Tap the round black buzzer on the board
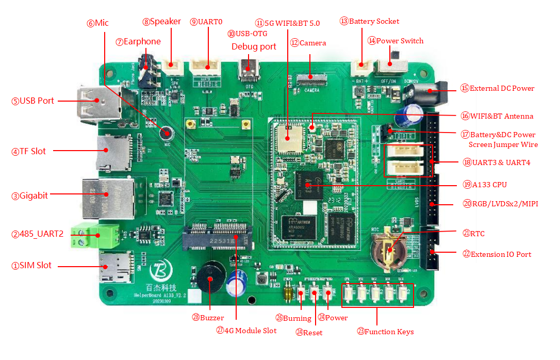(x=210, y=279)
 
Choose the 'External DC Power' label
(x=502, y=88)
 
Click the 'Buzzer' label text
(x=212, y=318)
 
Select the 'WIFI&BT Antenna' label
(x=501, y=116)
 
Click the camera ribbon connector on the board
(x=310, y=78)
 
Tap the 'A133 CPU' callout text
(x=492, y=184)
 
